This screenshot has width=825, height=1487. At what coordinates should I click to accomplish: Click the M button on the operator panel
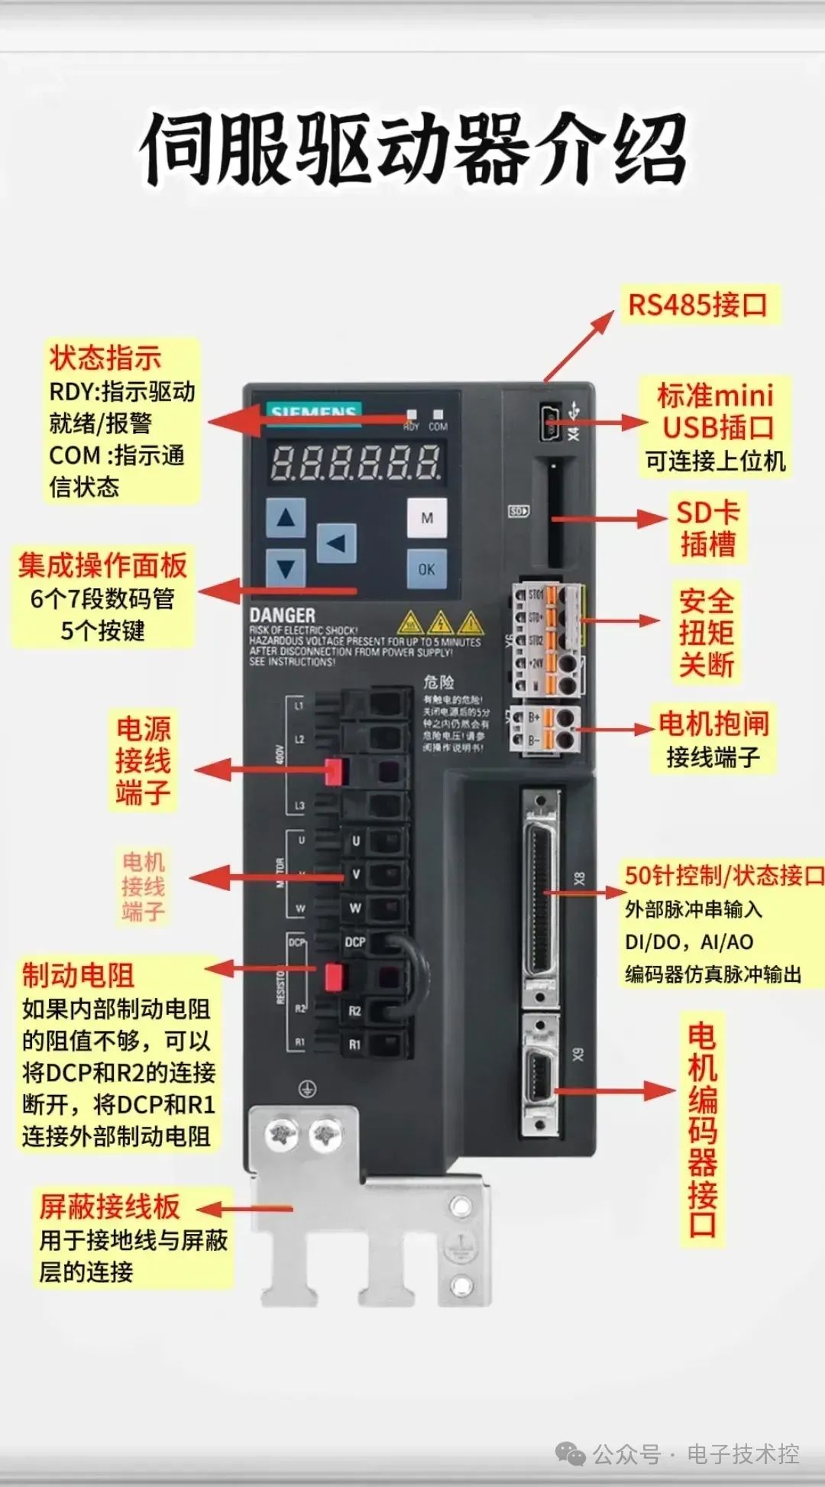point(426,518)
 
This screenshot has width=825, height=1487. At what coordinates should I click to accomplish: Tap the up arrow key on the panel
point(286,518)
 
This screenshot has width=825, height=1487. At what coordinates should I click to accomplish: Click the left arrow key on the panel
point(336,543)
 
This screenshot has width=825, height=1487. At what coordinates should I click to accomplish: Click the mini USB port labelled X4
point(551,422)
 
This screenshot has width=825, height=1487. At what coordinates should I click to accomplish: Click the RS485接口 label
point(697,304)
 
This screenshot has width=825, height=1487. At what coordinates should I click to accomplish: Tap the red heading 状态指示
point(105,358)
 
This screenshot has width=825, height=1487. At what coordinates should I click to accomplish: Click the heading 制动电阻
point(78,975)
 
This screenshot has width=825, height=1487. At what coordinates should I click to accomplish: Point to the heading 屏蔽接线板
point(110,1206)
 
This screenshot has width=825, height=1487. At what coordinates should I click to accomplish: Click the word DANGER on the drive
point(282,615)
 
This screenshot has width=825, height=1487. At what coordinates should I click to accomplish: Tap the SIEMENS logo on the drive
point(313,411)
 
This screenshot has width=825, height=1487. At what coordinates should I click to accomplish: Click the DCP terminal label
point(354,942)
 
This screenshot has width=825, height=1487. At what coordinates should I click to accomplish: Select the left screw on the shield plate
point(282,1135)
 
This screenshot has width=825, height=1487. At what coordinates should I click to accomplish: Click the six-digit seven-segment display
point(355,463)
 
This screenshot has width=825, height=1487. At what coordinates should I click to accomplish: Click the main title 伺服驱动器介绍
point(412,149)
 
